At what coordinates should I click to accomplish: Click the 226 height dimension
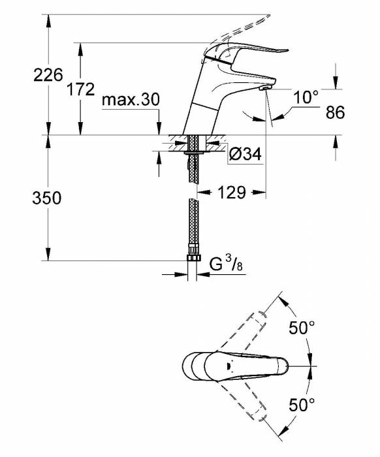click(x=48, y=75)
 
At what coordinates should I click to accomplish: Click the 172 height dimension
click(x=81, y=89)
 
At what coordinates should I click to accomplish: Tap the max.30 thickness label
click(x=131, y=100)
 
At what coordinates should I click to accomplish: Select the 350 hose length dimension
click(x=46, y=198)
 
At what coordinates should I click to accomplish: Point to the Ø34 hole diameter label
click(x=245, y=153)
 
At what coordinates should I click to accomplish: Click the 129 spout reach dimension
click(x=232, y=193)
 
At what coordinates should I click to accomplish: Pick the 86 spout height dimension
click(x=335, y=112)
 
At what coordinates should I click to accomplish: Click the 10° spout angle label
click(x=306, y=97)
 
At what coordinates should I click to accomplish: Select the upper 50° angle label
click(x=302, y=328)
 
